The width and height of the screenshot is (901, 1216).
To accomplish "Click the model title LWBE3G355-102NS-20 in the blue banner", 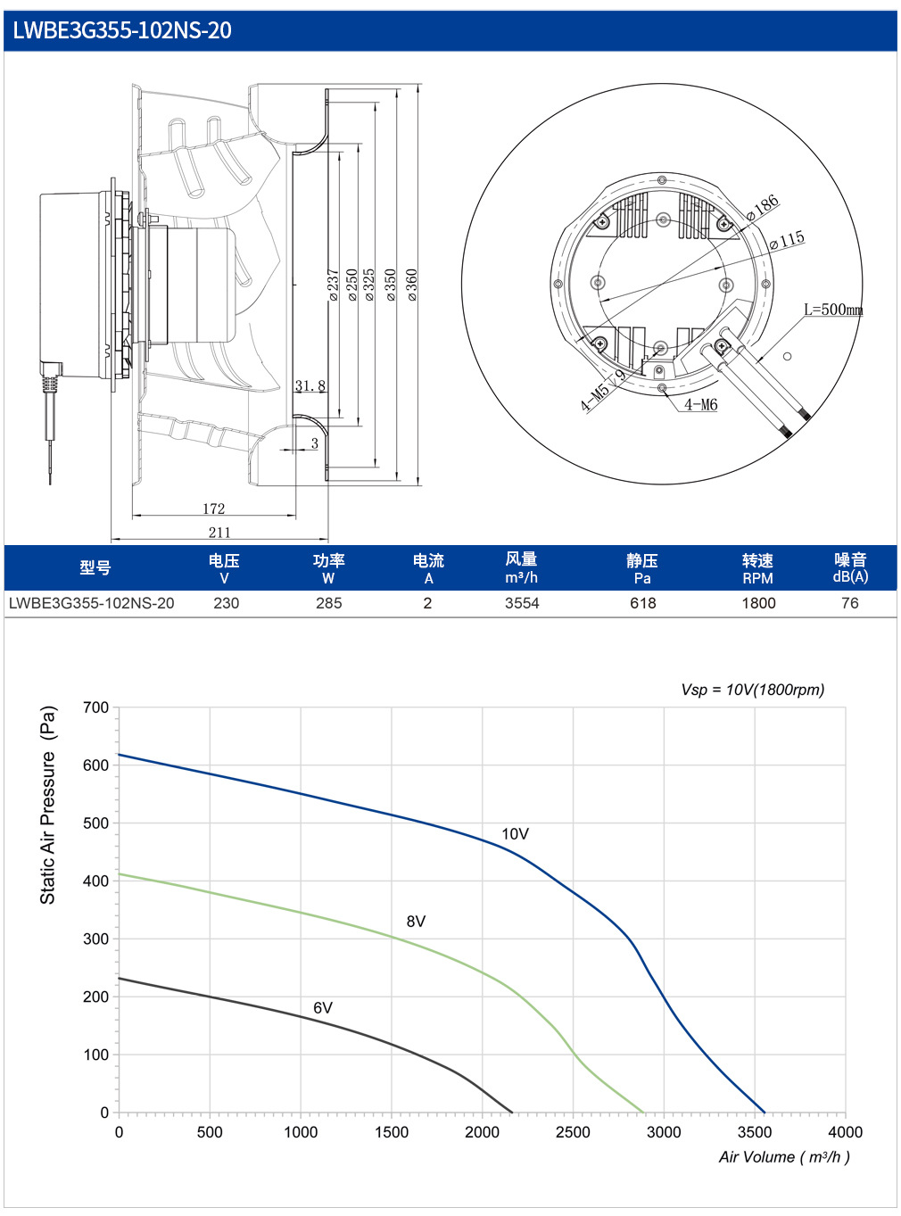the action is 121,30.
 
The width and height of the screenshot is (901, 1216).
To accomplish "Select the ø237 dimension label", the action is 333,285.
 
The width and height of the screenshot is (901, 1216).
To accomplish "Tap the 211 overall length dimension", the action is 219,532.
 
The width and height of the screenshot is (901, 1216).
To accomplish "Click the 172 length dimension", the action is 213,509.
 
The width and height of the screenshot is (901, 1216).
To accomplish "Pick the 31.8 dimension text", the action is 310,385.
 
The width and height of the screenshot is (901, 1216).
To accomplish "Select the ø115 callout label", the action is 787,240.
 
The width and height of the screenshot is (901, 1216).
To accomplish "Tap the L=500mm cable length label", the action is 833,310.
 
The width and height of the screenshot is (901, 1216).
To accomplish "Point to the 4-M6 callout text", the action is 701,405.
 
